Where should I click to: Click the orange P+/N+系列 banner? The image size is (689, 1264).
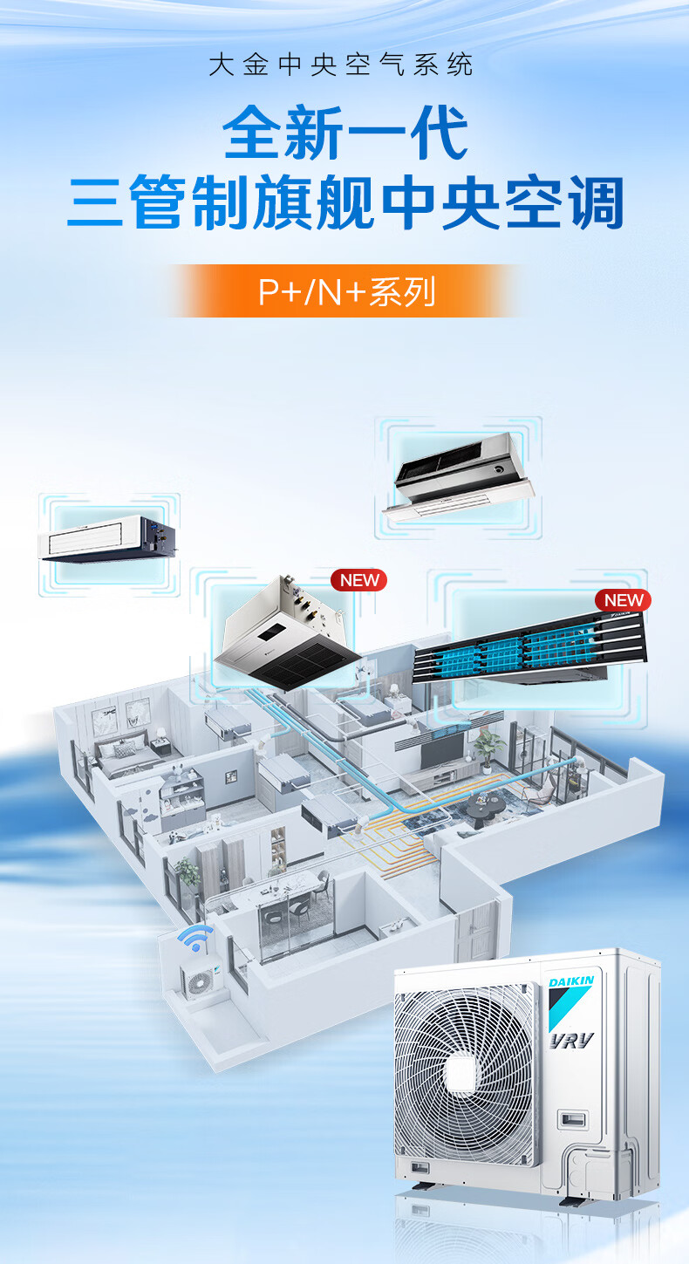(x=345, y=291)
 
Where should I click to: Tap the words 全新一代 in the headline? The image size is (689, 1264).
(x=345, y=133)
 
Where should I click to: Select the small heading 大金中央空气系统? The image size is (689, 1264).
(x=341, y=65)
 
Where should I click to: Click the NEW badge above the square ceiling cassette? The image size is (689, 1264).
(x=358, y=580)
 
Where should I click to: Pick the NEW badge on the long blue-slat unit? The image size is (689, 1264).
(x=624, y=600)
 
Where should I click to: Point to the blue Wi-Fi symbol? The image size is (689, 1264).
(x=194, y=939)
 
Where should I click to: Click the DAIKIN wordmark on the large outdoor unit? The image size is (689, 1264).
(x=571, y=982)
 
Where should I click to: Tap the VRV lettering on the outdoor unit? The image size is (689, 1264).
(x=571, y=1040)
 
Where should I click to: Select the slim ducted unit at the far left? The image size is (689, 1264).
(x=107, y=537)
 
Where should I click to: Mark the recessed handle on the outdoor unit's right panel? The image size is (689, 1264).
(x=572, y=1119)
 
